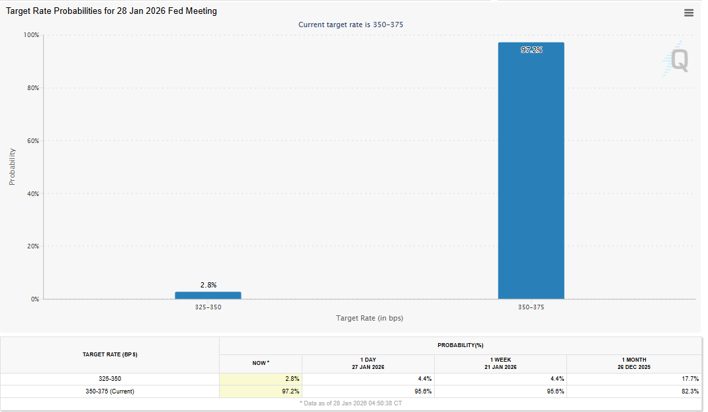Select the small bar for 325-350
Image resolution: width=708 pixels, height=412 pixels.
point(208,295)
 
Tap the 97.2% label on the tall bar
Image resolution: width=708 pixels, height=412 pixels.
point(531,50)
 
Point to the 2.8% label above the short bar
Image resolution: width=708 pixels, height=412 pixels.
point(208,285)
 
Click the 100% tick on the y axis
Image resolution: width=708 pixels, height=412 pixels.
point(32,34)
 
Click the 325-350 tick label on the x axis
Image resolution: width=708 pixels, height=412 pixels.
point(208,308)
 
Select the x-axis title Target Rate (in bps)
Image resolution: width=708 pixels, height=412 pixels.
point(369,318)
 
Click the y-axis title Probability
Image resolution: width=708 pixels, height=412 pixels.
point(12,166)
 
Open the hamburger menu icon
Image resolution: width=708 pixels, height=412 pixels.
point(689,13)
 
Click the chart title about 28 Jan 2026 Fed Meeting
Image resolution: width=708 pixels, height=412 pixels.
point(111,11)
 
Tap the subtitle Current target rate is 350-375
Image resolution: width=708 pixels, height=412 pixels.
point(351,25)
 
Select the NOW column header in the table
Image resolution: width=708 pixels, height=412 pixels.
point(261,363)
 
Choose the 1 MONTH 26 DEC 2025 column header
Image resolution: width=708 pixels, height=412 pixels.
point(633,363)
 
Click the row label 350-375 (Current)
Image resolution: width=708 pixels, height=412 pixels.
point(110,391)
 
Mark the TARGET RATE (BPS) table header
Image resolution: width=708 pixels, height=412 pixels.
point(110,354)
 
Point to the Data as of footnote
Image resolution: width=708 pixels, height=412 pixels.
point(351,403)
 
